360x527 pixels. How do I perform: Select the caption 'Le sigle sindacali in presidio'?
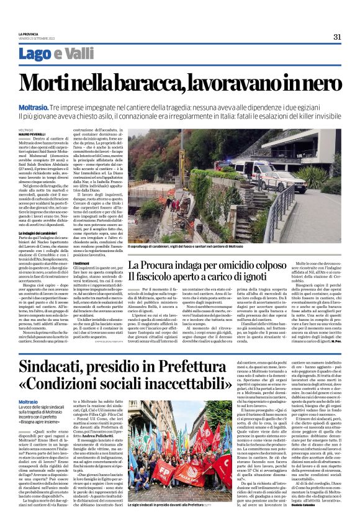[x=168, y=505]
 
